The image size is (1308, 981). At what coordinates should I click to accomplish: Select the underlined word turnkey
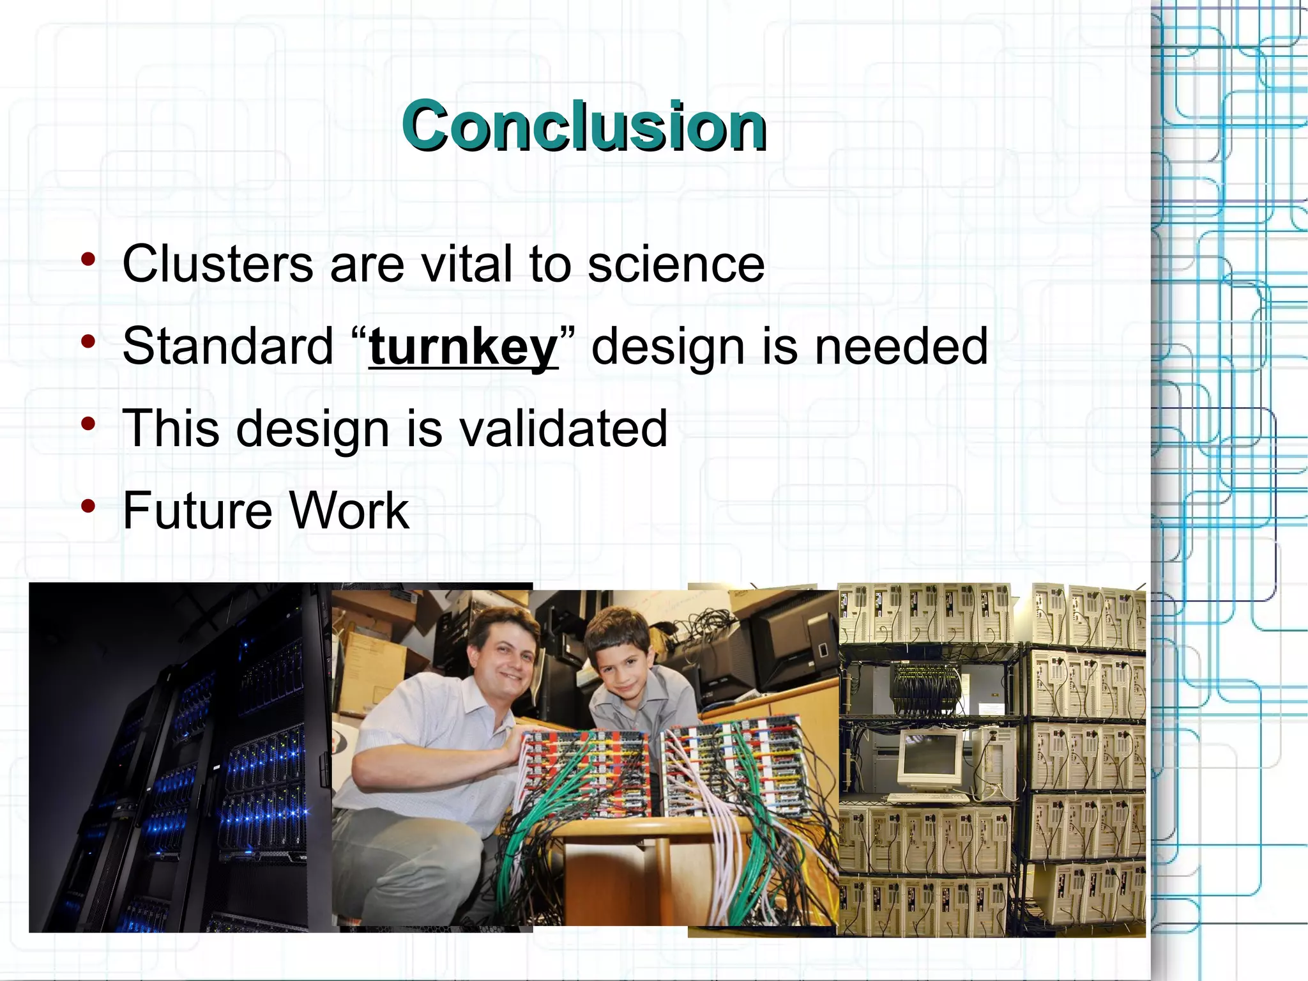(463, 347)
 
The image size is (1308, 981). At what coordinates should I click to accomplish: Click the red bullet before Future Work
(88, 506)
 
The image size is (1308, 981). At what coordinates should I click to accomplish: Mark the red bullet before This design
(88, 424)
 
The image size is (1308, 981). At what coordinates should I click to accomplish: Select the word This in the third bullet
(171, 428)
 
